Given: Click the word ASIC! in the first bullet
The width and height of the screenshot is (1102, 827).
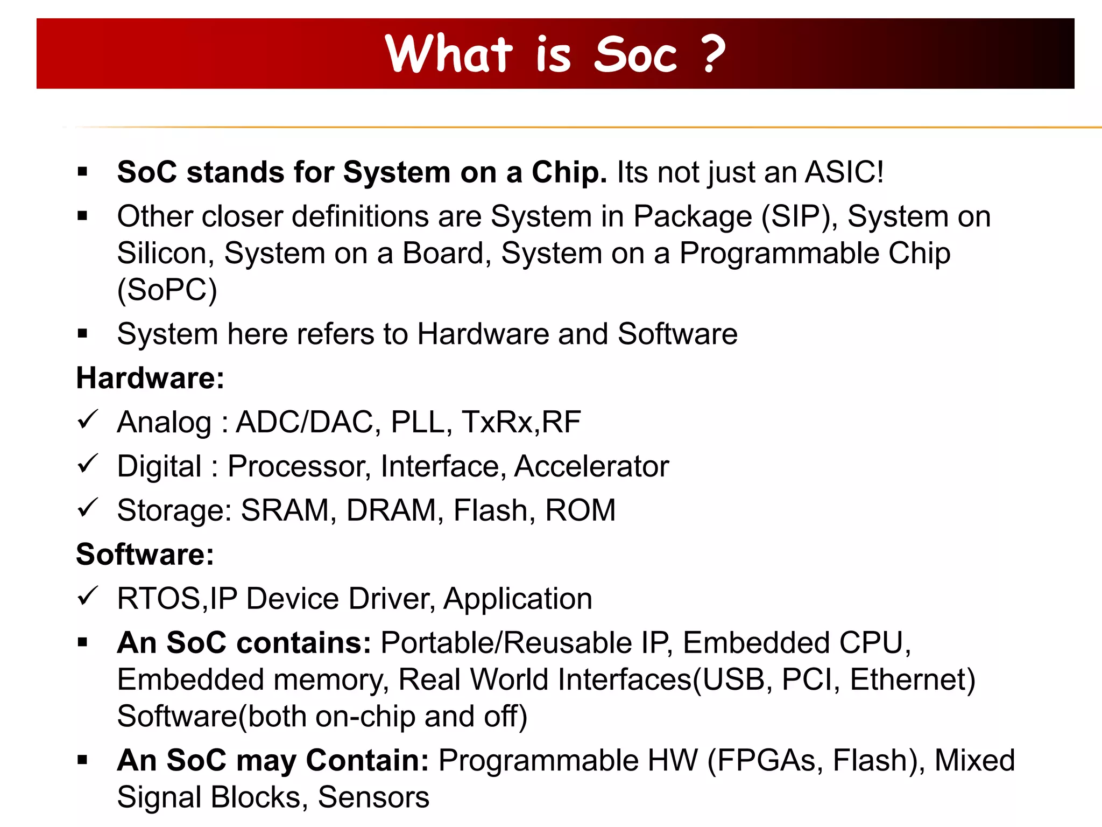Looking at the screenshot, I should click(x=844, y=172).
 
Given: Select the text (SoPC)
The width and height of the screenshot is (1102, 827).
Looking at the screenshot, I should click(x=167, y=290).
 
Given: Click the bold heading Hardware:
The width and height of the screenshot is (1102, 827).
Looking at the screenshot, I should click(x=150, y=378).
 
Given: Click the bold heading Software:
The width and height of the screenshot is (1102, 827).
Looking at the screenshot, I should click(x=145, y=555).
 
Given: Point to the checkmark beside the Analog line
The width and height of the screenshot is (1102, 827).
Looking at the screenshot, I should click(x=87, y=420).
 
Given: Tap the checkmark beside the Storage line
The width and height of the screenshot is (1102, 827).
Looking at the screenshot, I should click(x=87, y=508).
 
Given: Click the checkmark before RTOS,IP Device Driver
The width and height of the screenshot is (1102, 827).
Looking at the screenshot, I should click(x=87, y=597).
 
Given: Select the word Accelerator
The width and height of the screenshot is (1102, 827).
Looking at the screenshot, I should click(x=591, y=466).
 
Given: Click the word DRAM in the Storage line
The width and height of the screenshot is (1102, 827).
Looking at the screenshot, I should click(x=391, y=510).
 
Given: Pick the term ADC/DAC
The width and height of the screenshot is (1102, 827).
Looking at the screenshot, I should click(x=305, y=422).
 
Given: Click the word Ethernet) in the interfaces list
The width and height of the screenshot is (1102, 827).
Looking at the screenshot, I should click(x=913, y=679).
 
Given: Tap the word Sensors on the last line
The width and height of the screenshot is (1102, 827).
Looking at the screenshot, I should click(x=373, y=797).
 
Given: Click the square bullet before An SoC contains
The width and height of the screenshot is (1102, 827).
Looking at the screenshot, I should click(x=82, y=642).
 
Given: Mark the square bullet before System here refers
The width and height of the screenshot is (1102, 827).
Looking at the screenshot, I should click(x=82, y=334).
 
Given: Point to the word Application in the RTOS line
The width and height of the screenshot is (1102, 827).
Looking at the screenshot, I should click(x=518, y=599).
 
